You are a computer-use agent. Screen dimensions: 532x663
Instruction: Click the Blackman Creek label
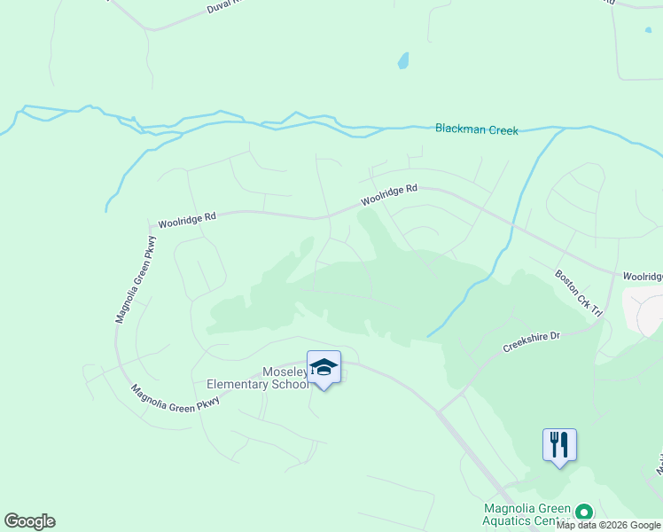coord(476,129)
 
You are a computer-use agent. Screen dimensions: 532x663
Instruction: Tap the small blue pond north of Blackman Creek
coord(403,61)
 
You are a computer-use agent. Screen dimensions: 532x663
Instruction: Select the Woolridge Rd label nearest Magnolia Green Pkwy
coord(187,218)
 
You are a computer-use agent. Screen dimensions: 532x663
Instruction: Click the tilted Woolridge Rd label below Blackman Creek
coord(387,195)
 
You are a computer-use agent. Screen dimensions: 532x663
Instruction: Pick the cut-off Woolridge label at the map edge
coord(642,277)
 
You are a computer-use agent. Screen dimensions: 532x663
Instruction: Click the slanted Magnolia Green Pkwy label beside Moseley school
coord(175,395)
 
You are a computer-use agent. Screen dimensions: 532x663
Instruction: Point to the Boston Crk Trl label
coord(579,293)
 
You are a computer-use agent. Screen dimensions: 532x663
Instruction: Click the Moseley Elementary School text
coord(258,378)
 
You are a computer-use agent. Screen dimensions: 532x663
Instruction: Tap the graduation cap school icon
coord(324,368)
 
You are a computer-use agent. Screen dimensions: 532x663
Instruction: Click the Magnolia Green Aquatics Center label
coord(526,514)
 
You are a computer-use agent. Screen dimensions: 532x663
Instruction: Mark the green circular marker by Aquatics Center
coord(584,512)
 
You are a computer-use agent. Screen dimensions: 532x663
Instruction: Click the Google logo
coord(29,521)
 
